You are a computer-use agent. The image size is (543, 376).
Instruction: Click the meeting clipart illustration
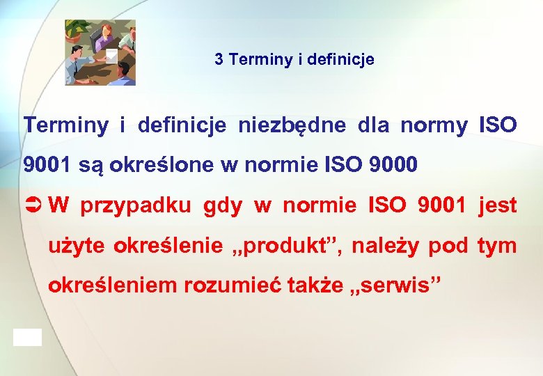pos(100,53)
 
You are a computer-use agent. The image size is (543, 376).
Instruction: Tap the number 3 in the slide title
pos(219,60)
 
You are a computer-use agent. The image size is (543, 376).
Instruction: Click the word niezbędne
pos(292,125)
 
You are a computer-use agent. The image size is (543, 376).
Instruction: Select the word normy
pos(433,125)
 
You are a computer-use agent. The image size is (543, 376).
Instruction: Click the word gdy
pos(223,207)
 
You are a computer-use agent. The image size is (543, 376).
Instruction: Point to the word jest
pos(497,206)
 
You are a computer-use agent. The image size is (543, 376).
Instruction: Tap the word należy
pos(386,246)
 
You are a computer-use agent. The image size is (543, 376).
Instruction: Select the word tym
pos(497,246)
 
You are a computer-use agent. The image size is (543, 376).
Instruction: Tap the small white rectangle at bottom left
pos(27,338)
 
